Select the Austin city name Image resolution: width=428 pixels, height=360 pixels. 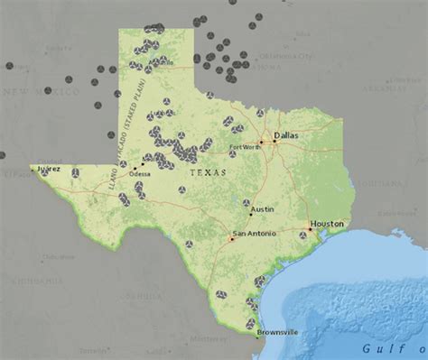pyautogui.click(x=262, y=208)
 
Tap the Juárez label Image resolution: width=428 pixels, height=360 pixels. pyautogui.click(x=47, y=167)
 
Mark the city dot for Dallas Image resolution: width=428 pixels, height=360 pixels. pyautogui.click(x=275, y=141)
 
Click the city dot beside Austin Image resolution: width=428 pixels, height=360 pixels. pyautogui.click(x=250, y=215)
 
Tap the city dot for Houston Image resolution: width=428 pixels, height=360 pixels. pyautogui.click(x=310, y=229)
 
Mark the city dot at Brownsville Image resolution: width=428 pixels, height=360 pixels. pyautogui.click(x=256, y=336)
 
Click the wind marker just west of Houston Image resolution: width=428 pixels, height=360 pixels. pyautogui.click(x=302, y=235)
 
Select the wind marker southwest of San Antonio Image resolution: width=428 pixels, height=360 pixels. pyautogui.click(x=190, y=244)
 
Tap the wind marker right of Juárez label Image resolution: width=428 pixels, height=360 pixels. pyautogui.click(x=76, y=172)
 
